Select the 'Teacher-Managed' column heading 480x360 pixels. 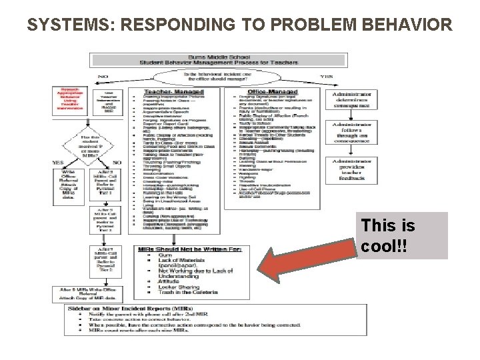171,92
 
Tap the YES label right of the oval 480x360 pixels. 326,77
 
